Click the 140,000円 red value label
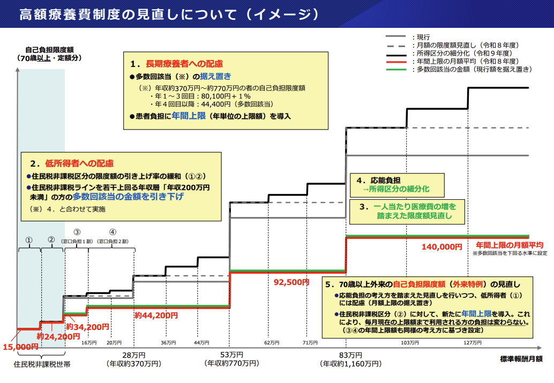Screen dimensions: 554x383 point(441,247)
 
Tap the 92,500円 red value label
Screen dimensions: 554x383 point(291,282)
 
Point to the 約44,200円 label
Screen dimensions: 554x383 point(156,315)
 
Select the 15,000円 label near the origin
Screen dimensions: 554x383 point(20,347)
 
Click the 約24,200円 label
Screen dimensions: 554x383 point(58,336)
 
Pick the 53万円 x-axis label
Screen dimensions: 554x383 point(231,355)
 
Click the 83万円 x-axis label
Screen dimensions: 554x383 point(350,355)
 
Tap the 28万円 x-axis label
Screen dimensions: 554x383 point(134,355)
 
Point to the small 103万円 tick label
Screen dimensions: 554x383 point(410,343)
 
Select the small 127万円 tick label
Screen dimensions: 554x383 point(473,343)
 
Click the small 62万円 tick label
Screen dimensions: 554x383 point(272,343)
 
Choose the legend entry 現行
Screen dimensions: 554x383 point(423,37)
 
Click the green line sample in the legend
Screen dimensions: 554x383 point(396,69)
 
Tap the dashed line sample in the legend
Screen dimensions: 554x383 point(396,46)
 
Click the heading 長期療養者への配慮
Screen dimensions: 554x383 point(184,64)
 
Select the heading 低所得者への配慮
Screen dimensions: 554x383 point(79,163)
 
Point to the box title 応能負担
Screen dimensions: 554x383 point(385,180)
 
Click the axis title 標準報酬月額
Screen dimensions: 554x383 point(521,359)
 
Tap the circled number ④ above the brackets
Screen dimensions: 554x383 point(113,232)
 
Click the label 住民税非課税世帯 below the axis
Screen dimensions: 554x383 point(42,364)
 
